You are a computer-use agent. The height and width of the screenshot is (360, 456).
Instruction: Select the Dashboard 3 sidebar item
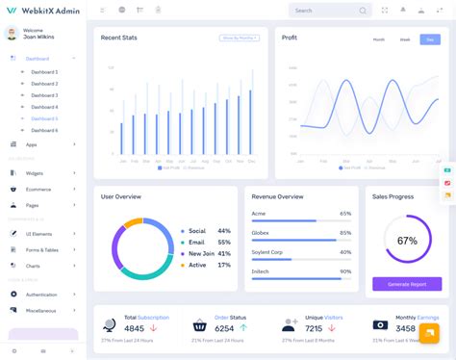44,95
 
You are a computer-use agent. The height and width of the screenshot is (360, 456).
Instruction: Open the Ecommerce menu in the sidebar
38,189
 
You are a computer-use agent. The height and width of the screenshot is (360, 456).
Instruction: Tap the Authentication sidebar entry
41,295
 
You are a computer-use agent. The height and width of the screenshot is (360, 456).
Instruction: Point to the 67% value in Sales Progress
407,241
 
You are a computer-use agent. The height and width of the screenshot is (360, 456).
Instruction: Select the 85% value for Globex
345,232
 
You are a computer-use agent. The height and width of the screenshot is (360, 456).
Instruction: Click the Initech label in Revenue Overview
261,270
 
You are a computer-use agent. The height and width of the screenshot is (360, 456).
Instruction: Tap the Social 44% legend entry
197,231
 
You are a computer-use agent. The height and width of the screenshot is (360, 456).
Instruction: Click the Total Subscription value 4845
134,328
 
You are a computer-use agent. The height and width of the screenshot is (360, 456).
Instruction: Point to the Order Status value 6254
224,328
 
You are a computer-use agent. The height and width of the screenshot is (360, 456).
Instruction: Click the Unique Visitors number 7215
315,328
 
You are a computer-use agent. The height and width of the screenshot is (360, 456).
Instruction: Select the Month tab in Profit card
378,39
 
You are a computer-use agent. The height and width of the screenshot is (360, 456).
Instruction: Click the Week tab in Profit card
404,39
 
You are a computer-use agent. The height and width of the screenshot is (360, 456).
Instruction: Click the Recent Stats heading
118,38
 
